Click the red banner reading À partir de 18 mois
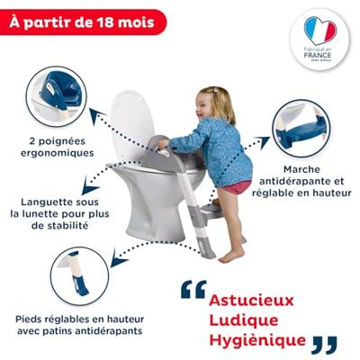pyautogui.click(x=84, y=20)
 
